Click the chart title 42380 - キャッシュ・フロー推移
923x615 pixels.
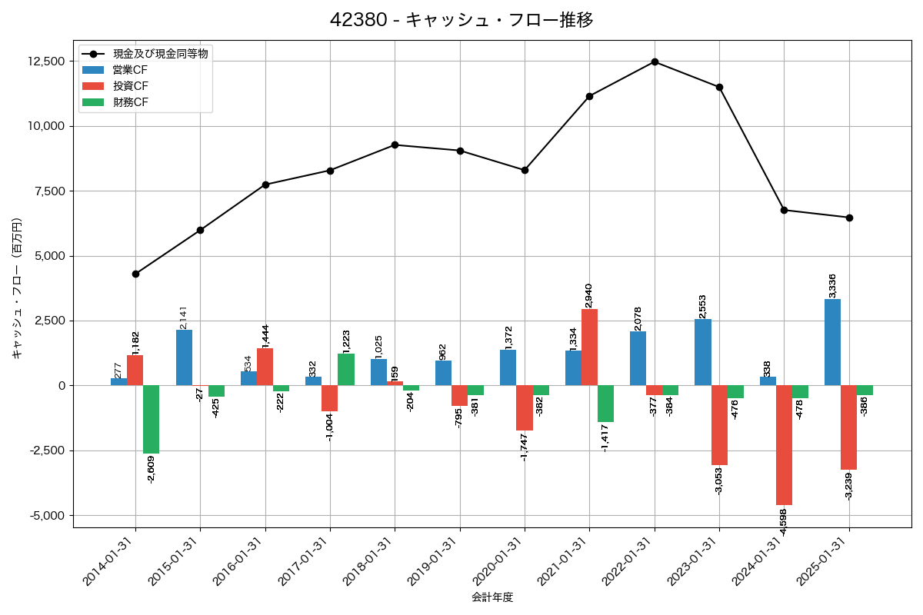[461, 19]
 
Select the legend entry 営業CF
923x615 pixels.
[130, 70]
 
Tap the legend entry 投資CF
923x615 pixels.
[130, 86]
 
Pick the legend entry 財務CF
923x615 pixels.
[130, 102]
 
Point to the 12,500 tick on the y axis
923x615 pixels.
[46, 61]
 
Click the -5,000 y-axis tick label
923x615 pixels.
[46, 515]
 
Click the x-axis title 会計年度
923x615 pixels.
[492, 597]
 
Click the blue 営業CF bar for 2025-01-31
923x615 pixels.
[832, 342]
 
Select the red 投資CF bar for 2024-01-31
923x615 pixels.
[784, 444]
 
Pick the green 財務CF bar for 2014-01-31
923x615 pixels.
[151, 419]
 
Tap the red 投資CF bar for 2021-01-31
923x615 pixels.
[589, 347]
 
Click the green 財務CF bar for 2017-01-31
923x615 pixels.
[346, 370]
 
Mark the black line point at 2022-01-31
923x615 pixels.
[655, 61]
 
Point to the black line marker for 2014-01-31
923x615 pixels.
[135, 274]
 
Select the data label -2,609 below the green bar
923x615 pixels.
[152, 468]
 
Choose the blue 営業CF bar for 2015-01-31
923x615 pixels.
[184, 357]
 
